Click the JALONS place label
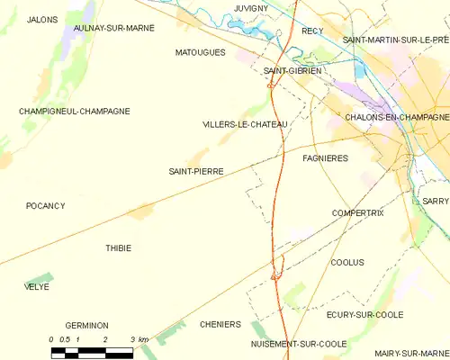tap(43, 19)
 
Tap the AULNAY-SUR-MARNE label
tap(113, 28)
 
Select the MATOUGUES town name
tap(200, 53)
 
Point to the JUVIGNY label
tap(251, 7)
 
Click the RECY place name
tap(312, 31)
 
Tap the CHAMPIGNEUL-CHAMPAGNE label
tap(75, 112)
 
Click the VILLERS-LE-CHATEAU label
tap(245, 124)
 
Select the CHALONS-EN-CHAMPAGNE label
tap(397, 117)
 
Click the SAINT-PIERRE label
tap(196, 171)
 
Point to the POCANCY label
tap(45, 206)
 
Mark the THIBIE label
tap(118, 248)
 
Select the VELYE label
tap(37, 287)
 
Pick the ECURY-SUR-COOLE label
tap(364, 315)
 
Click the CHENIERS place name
tap(220, 325)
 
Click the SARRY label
tap(435, 202)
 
